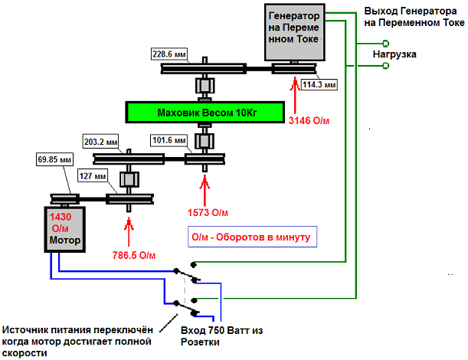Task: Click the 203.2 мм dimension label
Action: click(x=101, y=142)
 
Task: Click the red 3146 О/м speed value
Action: click(x=309, y=120)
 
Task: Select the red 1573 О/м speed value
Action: click(x=208, y=211)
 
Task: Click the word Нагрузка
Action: click(x=394, y=54)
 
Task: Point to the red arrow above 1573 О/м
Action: click(x=204, y=188)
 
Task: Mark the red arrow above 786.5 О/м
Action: click(x=128, y=229)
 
